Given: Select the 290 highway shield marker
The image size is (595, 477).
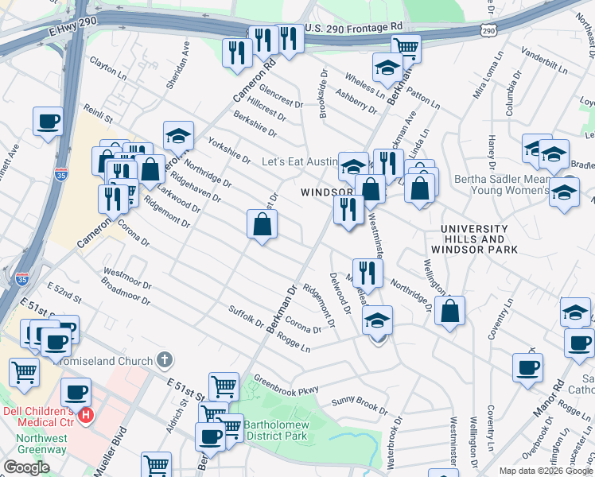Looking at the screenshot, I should pyautogui.click(x=487, y=29).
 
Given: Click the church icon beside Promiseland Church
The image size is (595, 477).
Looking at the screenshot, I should pyautogui.click(x=165, y=360).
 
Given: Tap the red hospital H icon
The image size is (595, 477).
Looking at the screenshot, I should pyautogui.click(x=86, y=414).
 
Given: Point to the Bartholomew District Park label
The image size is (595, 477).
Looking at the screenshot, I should pyautogui.click(x=274, y=430).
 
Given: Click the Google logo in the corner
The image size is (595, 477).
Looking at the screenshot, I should pyautogui.click(x=26, y=467).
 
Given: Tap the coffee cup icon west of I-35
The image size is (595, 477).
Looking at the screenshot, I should pyautogui.click(x=48, y=122).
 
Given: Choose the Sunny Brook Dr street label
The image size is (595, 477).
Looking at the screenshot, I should pyautogui.click(x=359, y=405).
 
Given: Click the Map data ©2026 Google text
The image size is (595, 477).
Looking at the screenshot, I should pyautogui.click(x=546, y=471).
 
